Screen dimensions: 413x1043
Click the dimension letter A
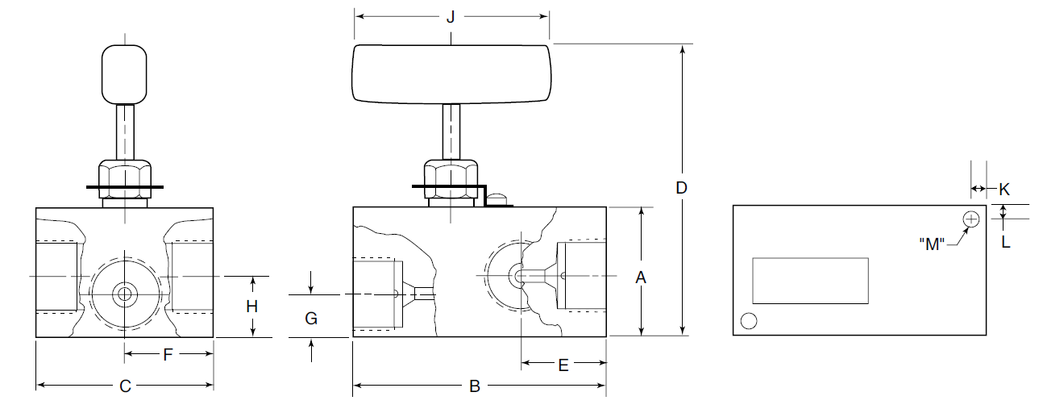(641, 277)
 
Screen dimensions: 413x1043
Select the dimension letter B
(475, 387)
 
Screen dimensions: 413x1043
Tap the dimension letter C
(125, 386)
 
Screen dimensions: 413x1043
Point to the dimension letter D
(681, 187)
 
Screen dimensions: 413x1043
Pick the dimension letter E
(563, 365)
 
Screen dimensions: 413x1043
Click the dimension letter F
(168, 354)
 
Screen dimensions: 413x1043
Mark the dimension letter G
(311, 319)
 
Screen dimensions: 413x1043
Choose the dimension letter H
(252, 307)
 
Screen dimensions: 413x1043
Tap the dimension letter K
(1004, 190)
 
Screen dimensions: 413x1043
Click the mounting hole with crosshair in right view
(971, 219)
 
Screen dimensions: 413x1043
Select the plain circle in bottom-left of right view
(749, 320)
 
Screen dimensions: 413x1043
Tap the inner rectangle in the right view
(809, 281)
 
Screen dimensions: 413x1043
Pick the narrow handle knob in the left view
(125, 75)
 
